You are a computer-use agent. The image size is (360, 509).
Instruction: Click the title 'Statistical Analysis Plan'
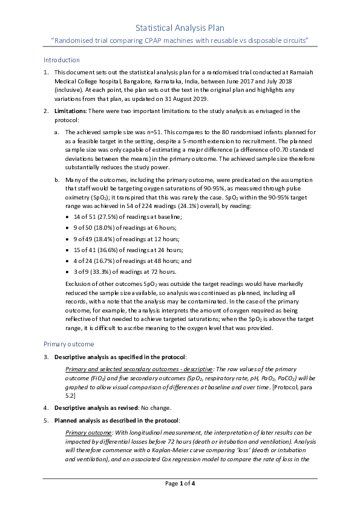(180, 28)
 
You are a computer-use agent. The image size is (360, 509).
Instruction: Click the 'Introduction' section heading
(61, 60)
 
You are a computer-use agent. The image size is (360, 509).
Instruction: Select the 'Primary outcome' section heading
(68, 343)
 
